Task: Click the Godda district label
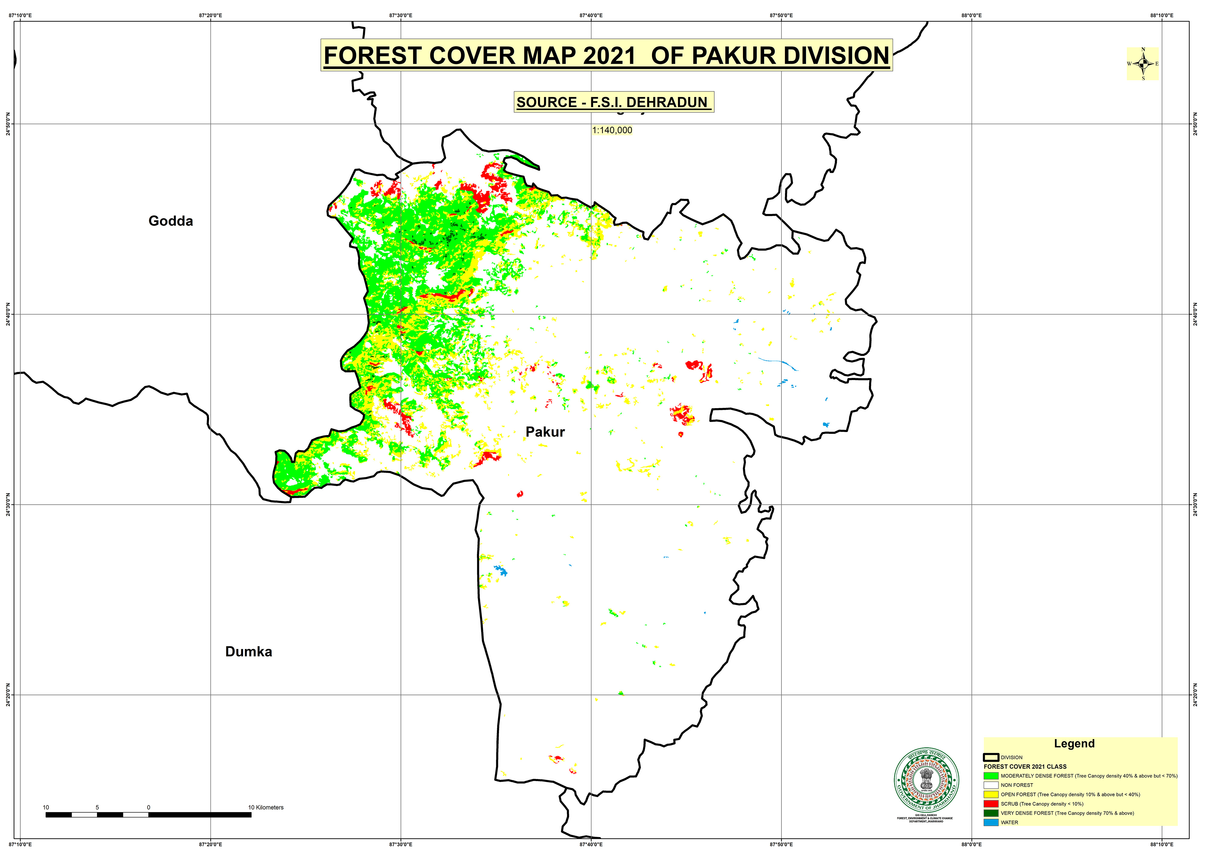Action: coord(170,221)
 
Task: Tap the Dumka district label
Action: coord(248,652)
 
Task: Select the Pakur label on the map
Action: coord(545,432)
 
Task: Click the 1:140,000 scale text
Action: coord(612,130)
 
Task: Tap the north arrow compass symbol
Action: coord(1143,64)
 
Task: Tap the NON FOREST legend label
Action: coord(1017,785)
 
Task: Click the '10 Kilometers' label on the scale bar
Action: coord(266,808)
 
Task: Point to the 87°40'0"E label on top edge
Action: coord(591,15)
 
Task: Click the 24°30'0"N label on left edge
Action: coord(8,505)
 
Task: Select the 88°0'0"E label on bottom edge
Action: coord(971,845)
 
